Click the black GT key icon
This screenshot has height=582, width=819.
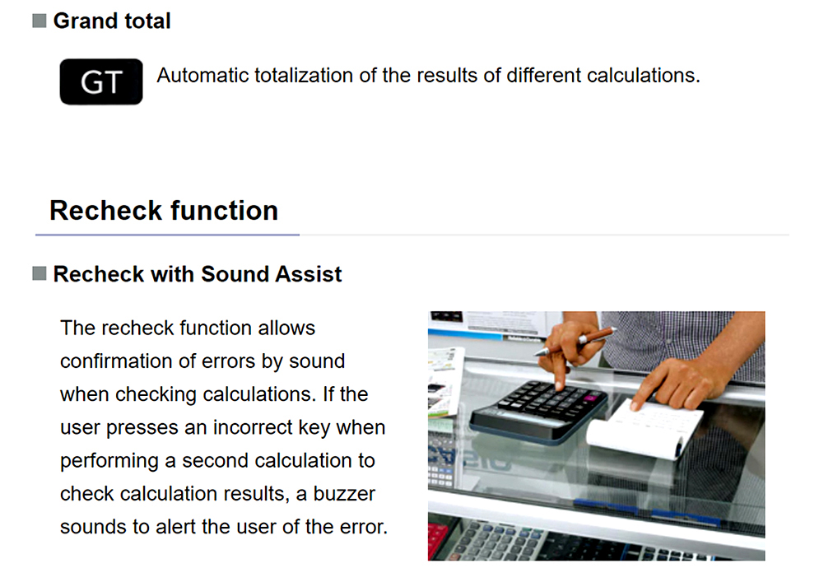pos(100,81)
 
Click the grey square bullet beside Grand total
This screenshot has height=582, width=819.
pos(40,21)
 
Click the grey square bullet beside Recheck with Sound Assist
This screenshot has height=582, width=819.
pos(40,273)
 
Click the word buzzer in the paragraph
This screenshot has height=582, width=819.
pos(344,494)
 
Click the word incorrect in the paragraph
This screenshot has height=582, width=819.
pos(253,427)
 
